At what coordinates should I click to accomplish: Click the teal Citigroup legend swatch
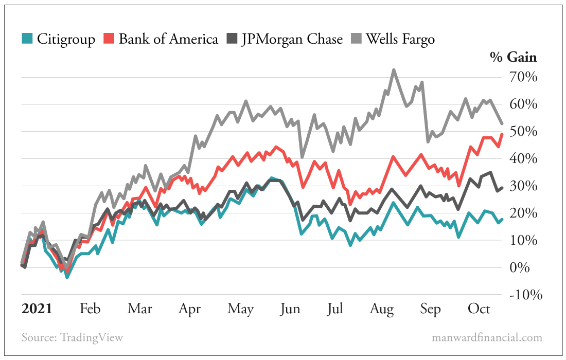tap(28, 39)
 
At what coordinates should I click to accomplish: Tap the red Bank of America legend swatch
tap(110, 39)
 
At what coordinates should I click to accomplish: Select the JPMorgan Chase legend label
tap(292, 39)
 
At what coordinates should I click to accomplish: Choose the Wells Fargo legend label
tap(400, 39)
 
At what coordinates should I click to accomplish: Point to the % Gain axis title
tap(513, 58)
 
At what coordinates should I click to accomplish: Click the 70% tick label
tap(524, 78)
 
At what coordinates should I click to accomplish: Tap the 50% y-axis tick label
tap(524, 132)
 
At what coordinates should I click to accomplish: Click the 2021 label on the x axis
tap(37, 309)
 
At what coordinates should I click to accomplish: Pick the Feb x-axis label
tap(90, 309)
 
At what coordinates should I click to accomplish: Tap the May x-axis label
tap(241, 309)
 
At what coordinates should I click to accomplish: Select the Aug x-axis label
tap(382, 309)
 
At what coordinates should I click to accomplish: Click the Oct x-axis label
tap(479, 309)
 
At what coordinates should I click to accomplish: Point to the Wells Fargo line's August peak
tap(394, 70)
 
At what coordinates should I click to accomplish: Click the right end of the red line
tap(502, 134)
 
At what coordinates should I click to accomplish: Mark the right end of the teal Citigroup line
tap(502, 219)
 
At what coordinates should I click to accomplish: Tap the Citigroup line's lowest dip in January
tap(67, 277)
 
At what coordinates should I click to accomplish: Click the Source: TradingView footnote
tap(73, 338)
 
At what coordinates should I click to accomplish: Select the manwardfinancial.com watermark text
tap(487, 338)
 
